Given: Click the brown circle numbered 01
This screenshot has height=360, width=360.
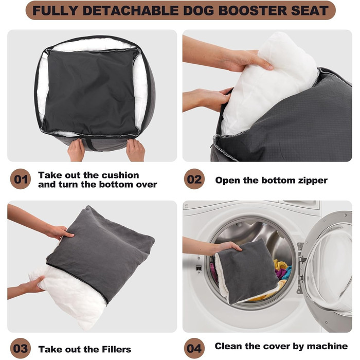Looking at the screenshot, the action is (x=21, y=179).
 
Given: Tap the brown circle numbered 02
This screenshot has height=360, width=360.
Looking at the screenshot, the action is (x=194, y=179).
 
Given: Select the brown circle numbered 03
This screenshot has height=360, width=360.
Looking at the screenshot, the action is (x=21, y=348).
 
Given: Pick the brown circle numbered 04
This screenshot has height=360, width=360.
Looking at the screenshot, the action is (x=194, y=348).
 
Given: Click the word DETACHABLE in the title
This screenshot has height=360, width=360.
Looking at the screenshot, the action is (x=130, y=11).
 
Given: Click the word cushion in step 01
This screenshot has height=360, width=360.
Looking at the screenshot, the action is (x=120, y=175).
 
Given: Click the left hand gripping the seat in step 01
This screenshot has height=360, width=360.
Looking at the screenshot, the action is (x=76, y=150).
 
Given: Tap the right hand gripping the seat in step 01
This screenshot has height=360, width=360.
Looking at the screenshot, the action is (x=135, y=150).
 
